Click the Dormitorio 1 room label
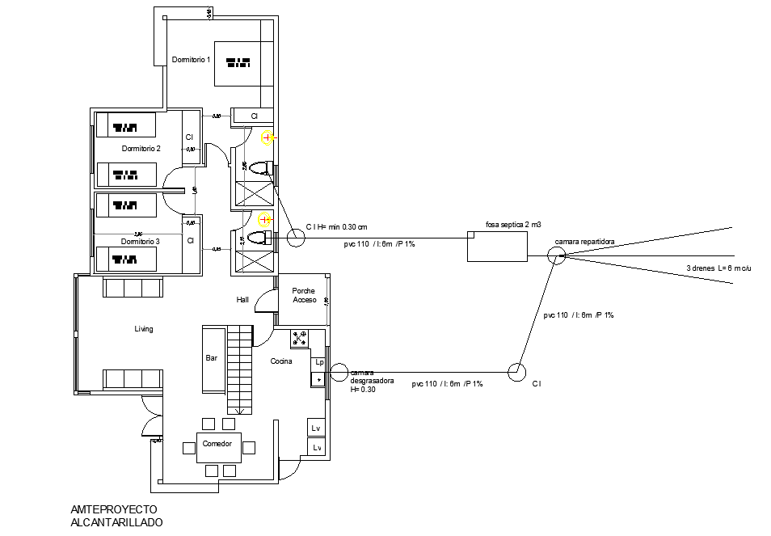click(x=191, y=60)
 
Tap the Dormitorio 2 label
click(x=141, y=149)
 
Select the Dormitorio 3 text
click(x=141, y=241)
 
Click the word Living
click(x=144, y=329)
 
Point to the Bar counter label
click(x=212, y=357)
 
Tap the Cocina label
click(x=281, y=361)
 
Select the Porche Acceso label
click(x=305, y=295)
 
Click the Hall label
click(x=242, y=299)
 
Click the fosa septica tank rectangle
click(x=497, y=247)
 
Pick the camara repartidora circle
click(x=555, y=256)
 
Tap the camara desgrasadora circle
click(x=338, y=372)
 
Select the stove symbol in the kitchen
click(x=300, y=338)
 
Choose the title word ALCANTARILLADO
click(x=117, y=522)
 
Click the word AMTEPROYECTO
click(x=114, y=509)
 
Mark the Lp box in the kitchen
click(x=319, y=363)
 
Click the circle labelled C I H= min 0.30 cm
click(x=295, y=238)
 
